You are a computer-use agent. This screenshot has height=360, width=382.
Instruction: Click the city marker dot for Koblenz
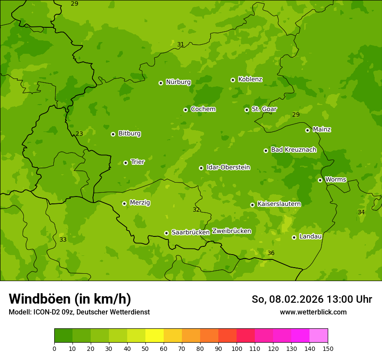coord(233,80)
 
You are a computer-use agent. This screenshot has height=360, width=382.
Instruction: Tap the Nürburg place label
coord(178,82)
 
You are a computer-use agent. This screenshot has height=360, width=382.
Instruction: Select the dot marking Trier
coord(125,163)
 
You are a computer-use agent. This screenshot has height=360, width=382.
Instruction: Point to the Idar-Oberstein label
coord(228,167)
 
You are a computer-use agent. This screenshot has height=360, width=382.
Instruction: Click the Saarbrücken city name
coord(190,232)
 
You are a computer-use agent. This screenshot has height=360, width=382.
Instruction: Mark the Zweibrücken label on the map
coord(231,231)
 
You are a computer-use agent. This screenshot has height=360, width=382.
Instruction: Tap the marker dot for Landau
coord(294,237)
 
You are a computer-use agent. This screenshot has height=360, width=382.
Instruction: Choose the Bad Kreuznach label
coord(293,150)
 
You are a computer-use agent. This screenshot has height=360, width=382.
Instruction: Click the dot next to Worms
coord(320,180)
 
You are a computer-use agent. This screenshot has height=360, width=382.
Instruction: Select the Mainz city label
coord(322,129)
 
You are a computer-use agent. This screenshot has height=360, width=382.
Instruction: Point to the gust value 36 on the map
coord(271,253)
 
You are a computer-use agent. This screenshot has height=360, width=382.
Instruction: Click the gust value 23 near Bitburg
coord(79,134)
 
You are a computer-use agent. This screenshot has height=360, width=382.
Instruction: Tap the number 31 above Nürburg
coord(181,44)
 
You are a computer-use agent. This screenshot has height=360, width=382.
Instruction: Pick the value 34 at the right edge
coord(361,212)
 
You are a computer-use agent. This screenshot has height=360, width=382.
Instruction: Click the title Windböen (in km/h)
coord(70,299)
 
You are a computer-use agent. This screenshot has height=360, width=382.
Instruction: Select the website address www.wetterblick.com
coord(313,312)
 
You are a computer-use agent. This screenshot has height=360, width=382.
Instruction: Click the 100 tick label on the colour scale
coord(237,348)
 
